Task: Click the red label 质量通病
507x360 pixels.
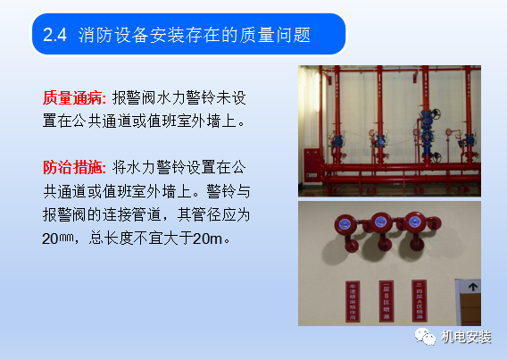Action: tap(72, 96)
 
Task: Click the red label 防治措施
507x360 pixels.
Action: tap(72, 167)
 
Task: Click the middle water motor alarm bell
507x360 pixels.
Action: tap(378, 224)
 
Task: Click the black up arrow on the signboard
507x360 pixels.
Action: tap(474, 288)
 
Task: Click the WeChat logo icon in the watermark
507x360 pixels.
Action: tap(419, 336)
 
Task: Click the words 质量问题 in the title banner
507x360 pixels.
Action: tap(281, 35)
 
